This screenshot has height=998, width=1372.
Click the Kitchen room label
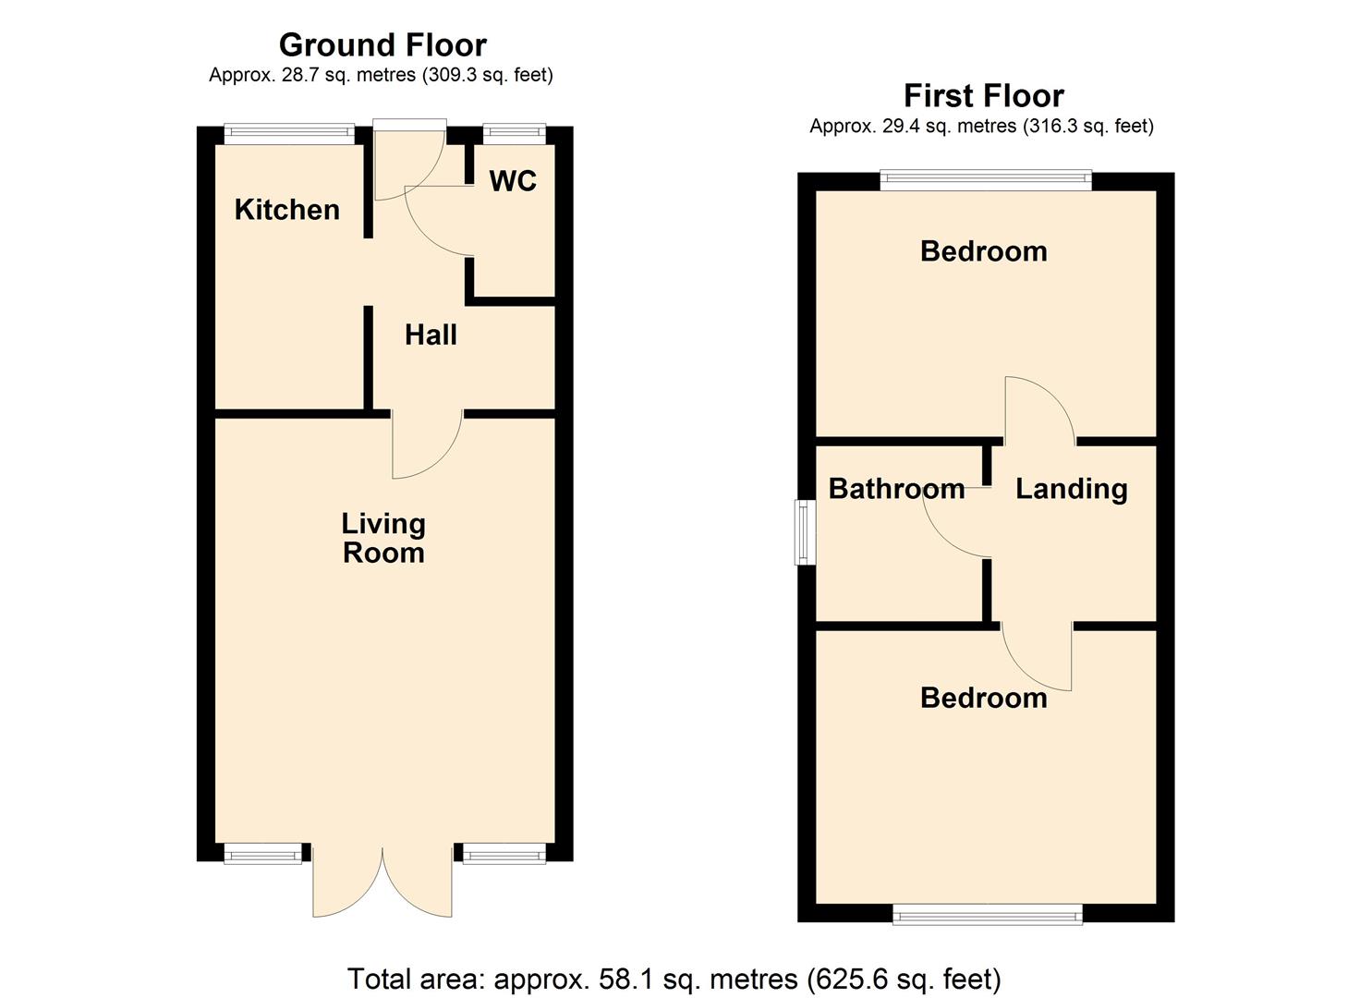[286, 210]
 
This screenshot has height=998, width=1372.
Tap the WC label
[513, 181]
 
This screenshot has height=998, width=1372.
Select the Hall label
[431, 335]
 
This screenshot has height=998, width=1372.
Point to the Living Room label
[383, 538]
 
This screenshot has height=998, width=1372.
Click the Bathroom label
[897, 489]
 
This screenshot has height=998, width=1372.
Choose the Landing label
[1071, 489]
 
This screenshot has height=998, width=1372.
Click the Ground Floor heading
[382, 44]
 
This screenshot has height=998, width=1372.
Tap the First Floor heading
[984, 95]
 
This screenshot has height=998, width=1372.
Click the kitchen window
[289, 134]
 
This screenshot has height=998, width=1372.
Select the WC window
[514, 134]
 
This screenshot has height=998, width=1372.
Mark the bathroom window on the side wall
[805, 532]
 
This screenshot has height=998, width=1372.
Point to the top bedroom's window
[986, 180]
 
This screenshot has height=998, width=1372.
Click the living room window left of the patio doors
[262, 854]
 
